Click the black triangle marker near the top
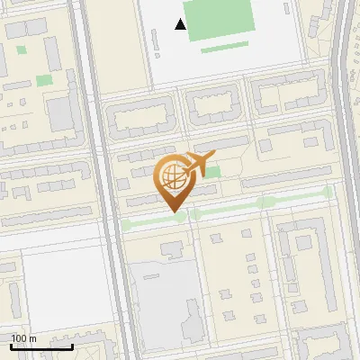(181, 25)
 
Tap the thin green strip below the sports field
(225, 47)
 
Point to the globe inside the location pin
(171, 178)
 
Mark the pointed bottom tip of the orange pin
(173, 212)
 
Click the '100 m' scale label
(23, 338)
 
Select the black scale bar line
(42, 346)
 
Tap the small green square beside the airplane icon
(213, 171)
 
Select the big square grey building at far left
(61, 113)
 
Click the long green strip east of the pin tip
(261, 203)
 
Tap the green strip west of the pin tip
(144, 222)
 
